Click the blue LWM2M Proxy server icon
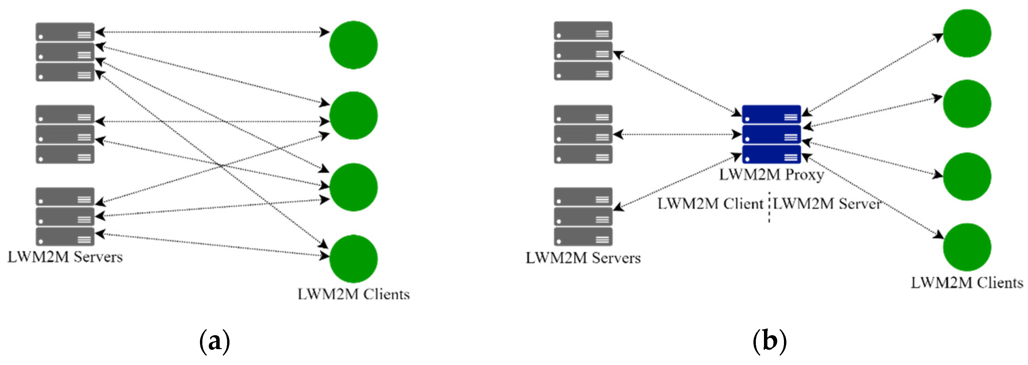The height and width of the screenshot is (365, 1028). pyautogui.click(x=771, y=134)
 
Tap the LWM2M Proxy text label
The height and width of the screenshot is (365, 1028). pyautogui.click(x=771, y=175)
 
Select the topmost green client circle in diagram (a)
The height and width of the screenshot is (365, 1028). pyautogui.click(x=353, y=45)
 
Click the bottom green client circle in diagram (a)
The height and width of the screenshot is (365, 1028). pyautogui.click(x=353, y=258)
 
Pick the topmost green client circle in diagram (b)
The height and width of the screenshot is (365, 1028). pyautogui.click(x=967, y=33)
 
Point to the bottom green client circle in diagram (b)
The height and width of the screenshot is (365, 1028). pyautogui.click(x=967, y=247)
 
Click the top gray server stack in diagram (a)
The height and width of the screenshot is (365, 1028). pyautogui.click(x=65, y=52)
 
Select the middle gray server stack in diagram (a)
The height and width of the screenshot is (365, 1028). pyautogui.click(x=65, y=134)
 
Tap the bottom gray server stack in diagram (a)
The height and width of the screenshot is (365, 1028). pyautogui.click(x=65, y=217)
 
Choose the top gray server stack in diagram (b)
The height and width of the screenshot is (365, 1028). pyautogui.click(x=583, y=51)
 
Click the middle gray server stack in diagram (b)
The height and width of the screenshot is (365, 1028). pyautogui.click(x=583, y=134)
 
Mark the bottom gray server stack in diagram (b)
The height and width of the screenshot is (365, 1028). pyautogui.click(x=583, y=217)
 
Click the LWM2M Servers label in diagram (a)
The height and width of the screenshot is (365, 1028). pyautogui.click(x=65, y=257)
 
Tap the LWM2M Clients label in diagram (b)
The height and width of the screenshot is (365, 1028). pyautogui.click(x=967, y=283)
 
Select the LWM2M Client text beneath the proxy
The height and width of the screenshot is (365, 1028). pyautogui.click(x=710, y=204)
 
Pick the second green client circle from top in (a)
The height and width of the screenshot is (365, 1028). pyautogui.click(x=353, y=116)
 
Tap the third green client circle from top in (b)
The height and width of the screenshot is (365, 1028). pyautogui.click(x=967, y=177)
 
